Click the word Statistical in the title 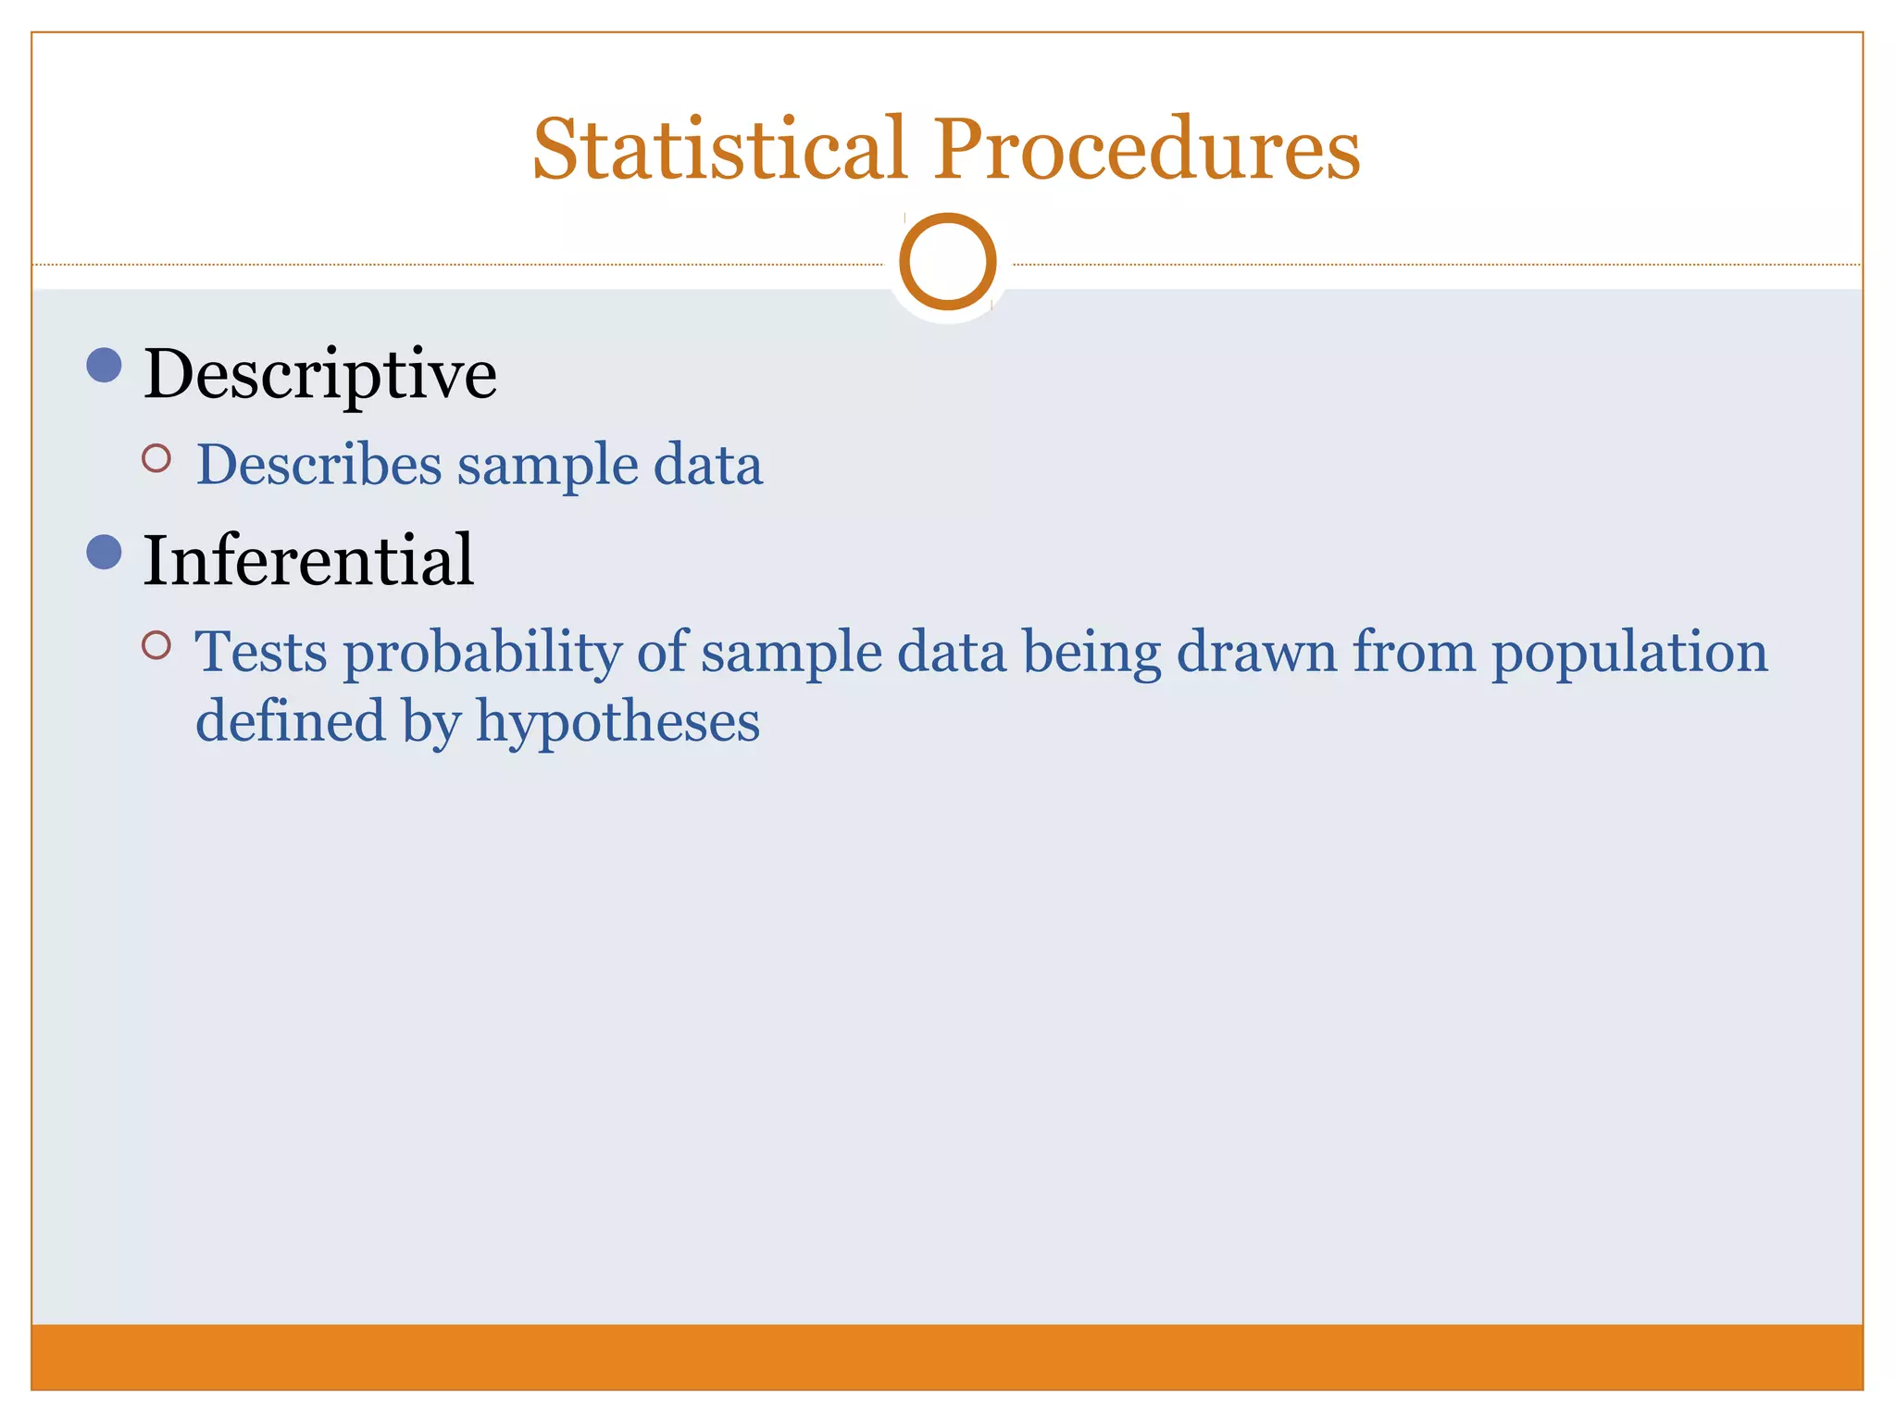tap(719, 149)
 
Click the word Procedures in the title tap(1146, 149)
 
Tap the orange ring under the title tap(947, 261)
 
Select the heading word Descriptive tap(320, 375)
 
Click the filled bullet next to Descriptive tap(104, 365)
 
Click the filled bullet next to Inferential tap(104, 552)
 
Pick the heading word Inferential tap(308, 561)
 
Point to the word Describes tap(319, 464)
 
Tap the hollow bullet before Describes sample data tap(156, 458)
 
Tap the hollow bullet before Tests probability tap(156, 645)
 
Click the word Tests tap(261, 652)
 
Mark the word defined tap(291, 720)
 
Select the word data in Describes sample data tap(708, 464)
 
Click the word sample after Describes tap(547, 466)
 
